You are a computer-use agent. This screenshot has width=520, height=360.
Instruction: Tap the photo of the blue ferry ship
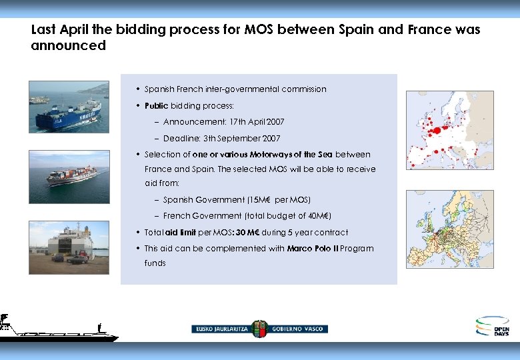(69, 107)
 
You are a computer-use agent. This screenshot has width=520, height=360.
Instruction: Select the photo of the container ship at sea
(69, 176)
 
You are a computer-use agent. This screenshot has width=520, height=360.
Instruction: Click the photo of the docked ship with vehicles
(69, 247)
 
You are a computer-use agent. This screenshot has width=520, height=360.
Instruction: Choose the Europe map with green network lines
(449, 229)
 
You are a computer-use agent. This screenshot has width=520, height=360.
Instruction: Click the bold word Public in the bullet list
(156, 106)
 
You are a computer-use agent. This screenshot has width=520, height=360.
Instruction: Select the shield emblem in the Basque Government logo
(260, 329)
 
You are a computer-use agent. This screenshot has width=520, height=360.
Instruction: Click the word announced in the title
(68, 46)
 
